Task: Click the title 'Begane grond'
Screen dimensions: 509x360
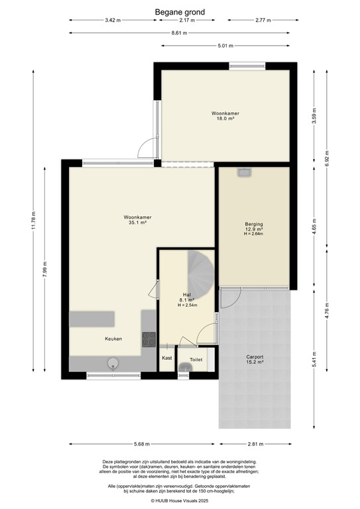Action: pos(180,11)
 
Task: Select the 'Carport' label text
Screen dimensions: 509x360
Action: pos(255,357)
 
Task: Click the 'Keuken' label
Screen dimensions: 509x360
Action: pos(113,339)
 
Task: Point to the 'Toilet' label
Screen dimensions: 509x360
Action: pos(196,359)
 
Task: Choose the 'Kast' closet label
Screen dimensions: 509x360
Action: pos(166,359)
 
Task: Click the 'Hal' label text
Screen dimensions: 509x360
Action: pos(187,294)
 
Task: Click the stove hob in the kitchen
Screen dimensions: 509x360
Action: pos(149,339)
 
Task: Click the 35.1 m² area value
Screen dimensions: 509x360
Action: pos(137,223)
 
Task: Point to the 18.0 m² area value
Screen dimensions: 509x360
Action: pos(225,119)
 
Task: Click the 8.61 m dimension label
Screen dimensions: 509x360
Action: pos(180,32)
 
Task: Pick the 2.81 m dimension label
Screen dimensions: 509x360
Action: pos(255,445)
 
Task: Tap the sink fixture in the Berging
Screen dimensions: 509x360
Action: pos(244,172)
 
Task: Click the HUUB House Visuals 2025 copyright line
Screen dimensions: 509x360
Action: pos(180,500)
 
